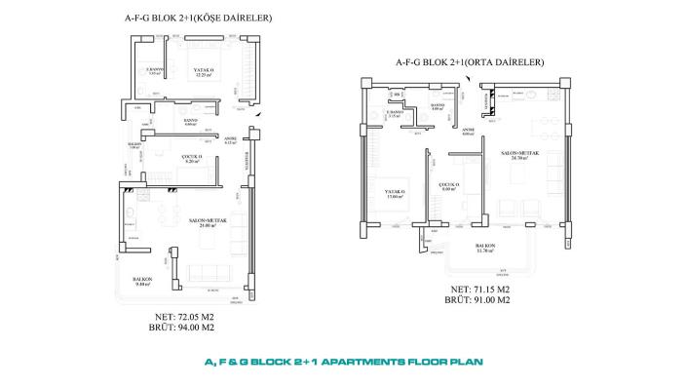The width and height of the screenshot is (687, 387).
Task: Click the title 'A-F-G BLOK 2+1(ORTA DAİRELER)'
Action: point(469,62)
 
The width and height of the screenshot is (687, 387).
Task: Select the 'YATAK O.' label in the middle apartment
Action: point(395,193)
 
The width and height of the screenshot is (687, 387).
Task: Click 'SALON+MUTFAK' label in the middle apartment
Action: point(514,154)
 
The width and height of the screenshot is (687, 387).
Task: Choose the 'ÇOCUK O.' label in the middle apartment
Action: point(449,186)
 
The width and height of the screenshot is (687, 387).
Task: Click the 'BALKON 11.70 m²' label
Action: point(486,248)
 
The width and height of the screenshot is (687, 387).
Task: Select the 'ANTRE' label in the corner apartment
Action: point(231,139)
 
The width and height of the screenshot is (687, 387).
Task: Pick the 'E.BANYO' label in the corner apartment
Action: point(153,71)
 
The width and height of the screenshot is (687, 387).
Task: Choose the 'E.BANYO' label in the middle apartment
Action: point(394,114)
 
